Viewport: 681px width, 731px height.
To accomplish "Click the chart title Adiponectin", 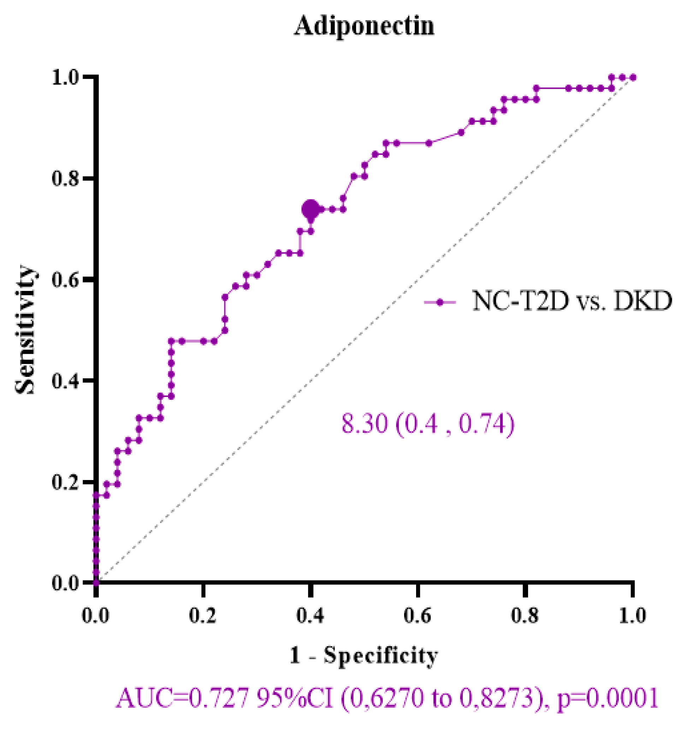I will point(363,26).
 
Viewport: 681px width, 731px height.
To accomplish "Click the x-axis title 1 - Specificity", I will point(364,656).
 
